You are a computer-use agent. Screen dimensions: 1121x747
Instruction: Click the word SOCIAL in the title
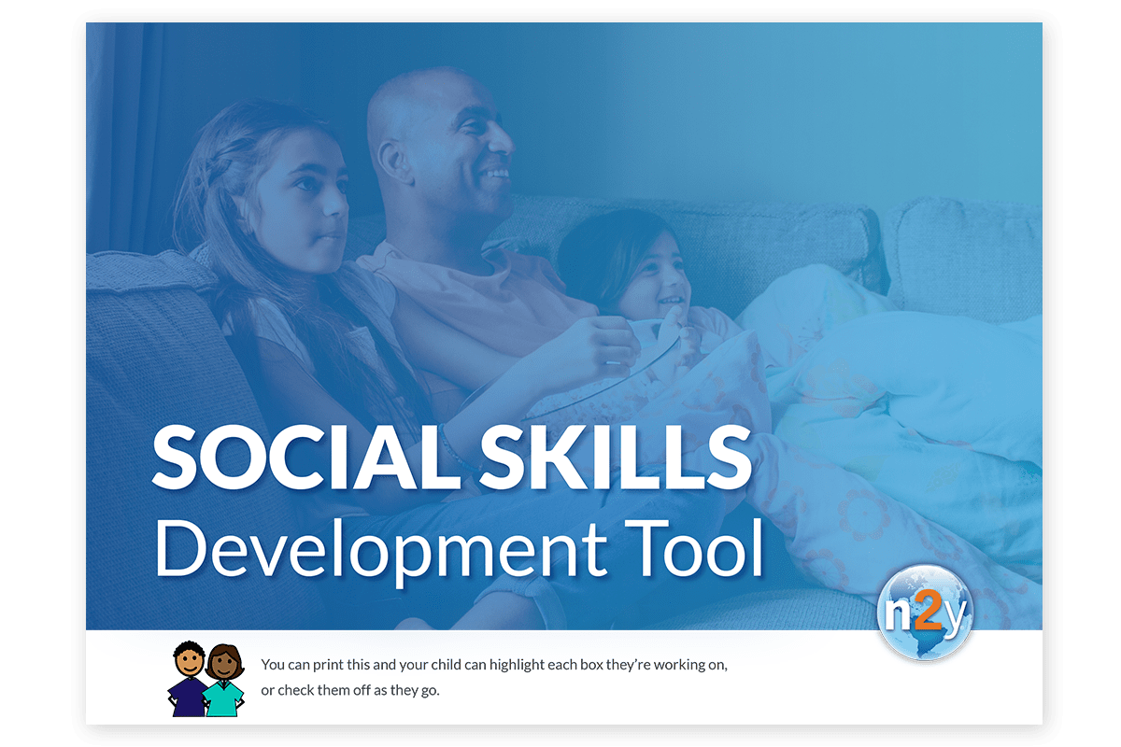point(306,458)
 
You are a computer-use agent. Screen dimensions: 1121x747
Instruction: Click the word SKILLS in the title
point(616,458)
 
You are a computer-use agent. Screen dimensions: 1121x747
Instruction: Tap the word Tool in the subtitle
point(693,548)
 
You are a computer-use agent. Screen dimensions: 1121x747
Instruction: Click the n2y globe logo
point(925,613)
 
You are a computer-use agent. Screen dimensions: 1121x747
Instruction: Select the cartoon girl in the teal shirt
point(223,681)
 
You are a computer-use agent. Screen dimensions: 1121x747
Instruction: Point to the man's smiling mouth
point(494,175)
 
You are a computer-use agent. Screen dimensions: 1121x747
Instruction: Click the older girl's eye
point(306,185)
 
